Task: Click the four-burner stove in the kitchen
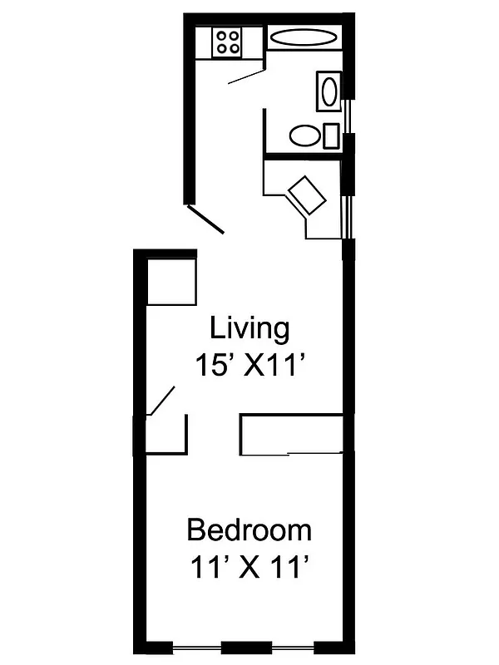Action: [228, 42]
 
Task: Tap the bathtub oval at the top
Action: [304, 37]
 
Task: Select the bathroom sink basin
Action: [328, 91]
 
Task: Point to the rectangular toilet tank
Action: [331, 135]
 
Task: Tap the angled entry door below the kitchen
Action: [205, 218]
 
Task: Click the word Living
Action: [249, 328]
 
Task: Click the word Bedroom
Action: [249, 530]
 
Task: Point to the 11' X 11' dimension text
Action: [249, 569]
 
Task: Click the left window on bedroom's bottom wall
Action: [196, 647]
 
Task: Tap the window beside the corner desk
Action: [350, 218]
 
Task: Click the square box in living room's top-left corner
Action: [171, 283]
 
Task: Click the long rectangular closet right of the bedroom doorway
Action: [291, 434]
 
